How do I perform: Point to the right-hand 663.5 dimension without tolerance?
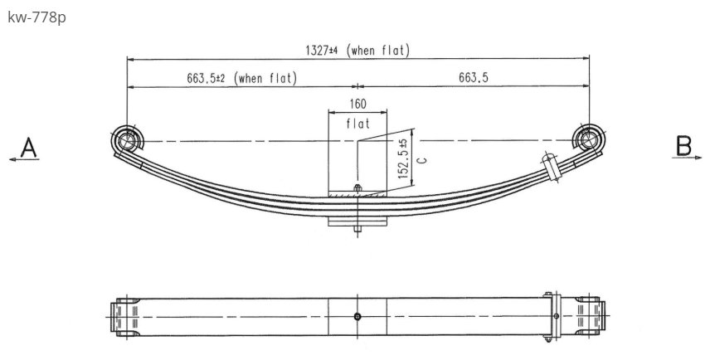(x=474, y=78)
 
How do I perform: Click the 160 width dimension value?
(x=357, y=105)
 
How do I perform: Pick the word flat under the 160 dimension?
(x=357, y=124)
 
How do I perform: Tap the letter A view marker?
(x=29, y=147)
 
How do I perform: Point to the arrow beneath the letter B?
(x=688, y=158)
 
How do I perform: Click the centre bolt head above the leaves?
(x=357, y=188)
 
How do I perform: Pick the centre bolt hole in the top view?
(x=357, y=316)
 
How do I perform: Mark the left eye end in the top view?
(x=123, y=316)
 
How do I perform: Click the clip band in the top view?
(x=549, y=316)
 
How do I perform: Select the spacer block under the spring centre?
(x=357, y=221)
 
